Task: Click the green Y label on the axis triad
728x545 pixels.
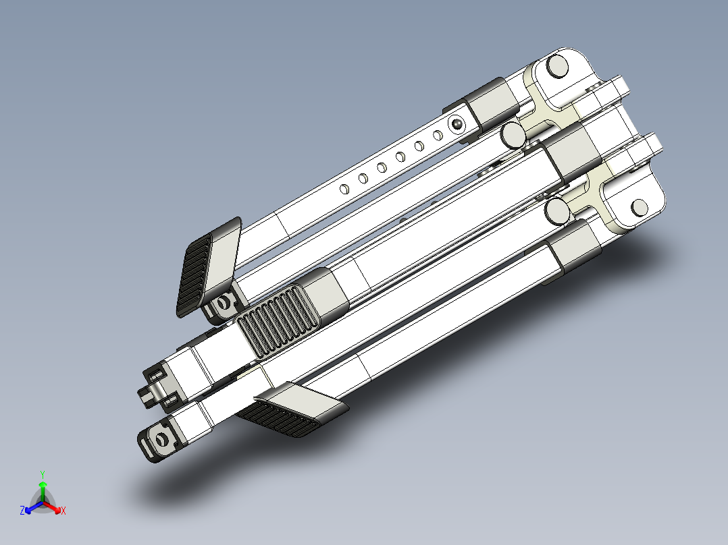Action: (43, 475)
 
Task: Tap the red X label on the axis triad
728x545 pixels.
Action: (63, 511)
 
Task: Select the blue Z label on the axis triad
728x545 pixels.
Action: (22, 511)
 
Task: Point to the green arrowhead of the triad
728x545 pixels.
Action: (43, 484)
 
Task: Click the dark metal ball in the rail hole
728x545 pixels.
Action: (457, 124)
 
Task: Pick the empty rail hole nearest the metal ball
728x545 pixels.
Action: (438, 136)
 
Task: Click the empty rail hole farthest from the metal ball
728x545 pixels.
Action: (344, 189)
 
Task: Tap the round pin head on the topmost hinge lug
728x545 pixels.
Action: (556, 66)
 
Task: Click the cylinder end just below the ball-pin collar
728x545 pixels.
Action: (513, 134)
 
